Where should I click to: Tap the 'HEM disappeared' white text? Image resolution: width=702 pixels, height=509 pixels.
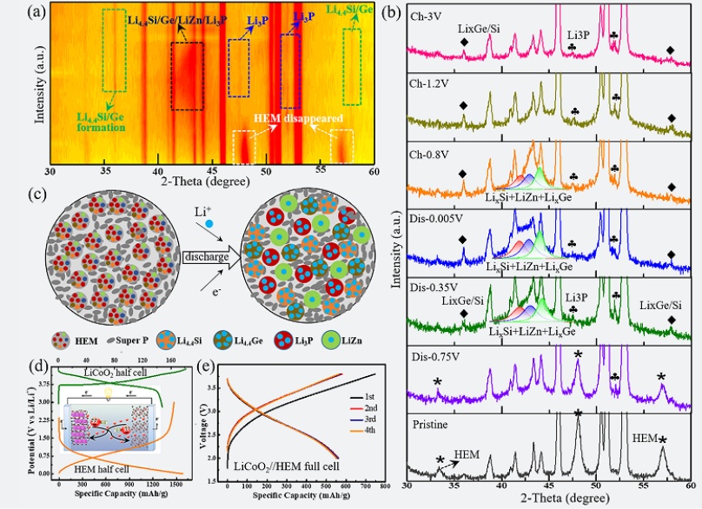click(x=290, y=117)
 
